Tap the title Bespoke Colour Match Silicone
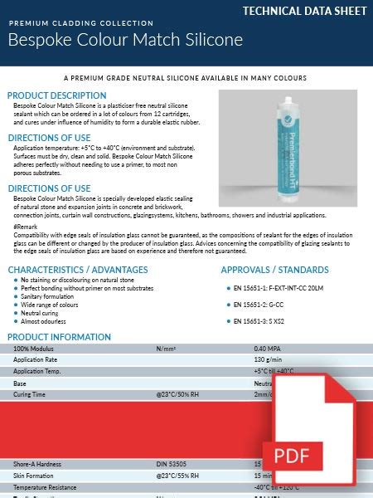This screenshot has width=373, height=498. (125, 40)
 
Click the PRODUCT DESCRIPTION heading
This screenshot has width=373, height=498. (56, 95)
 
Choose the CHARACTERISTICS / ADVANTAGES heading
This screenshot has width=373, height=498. (78, 270)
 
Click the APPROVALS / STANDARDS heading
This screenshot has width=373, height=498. (274, 270)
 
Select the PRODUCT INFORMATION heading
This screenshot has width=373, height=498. (59, 337)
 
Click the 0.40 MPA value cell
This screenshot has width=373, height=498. (267, 349)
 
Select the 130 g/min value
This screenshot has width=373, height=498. (266, 360)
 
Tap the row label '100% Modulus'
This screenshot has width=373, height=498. (33, 349)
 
